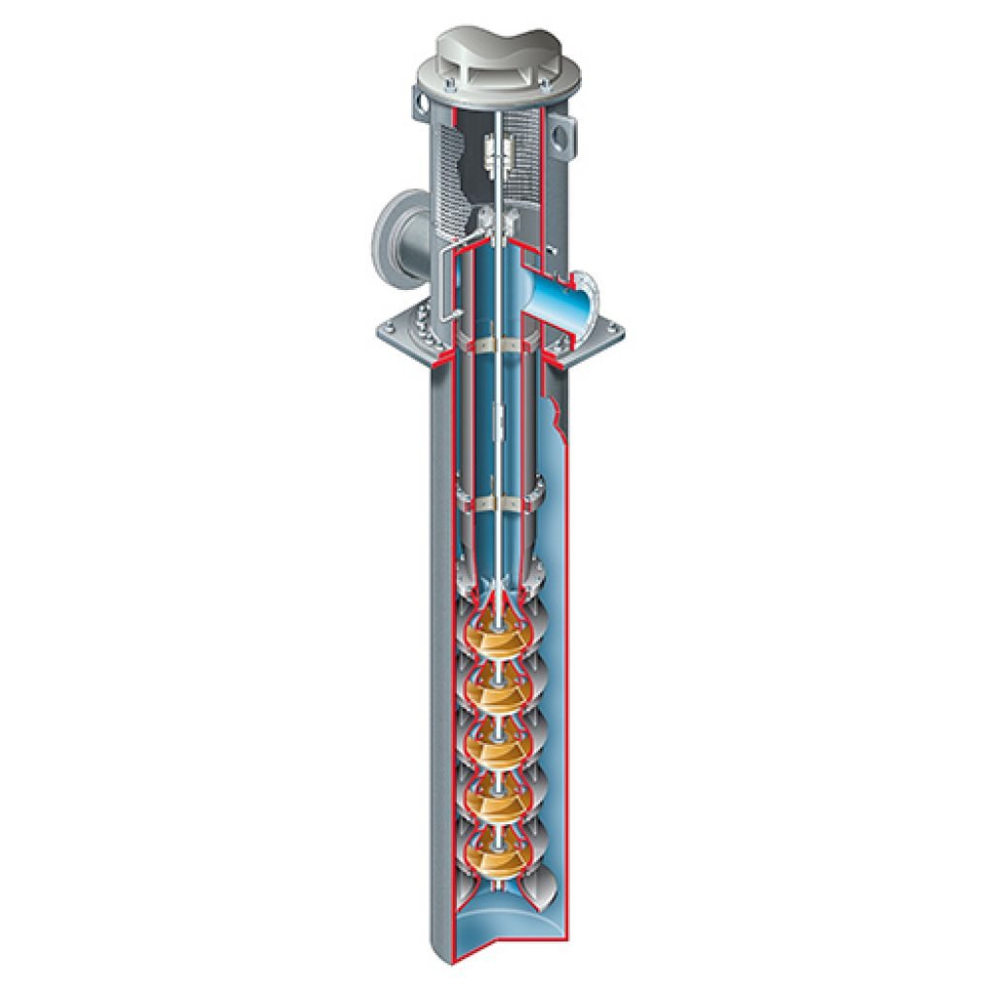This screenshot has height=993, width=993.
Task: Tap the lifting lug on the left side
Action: point(419,101)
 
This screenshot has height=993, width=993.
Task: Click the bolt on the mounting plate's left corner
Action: point(389,328)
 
